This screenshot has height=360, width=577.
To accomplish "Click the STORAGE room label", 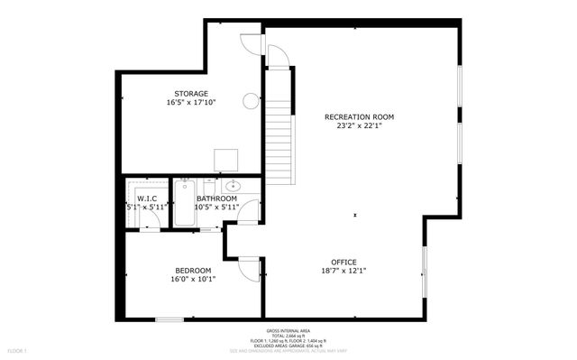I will [x=191, y=93].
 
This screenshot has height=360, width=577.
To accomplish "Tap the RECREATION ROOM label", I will [x=360, y=116].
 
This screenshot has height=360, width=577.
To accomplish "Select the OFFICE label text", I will [x=343, y=261].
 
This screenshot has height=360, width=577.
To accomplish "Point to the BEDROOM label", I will [x=193, y=270].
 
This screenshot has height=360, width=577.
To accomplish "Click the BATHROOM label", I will [x=216, y=198].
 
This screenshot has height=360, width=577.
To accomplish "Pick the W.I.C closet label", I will [x=147, y=198].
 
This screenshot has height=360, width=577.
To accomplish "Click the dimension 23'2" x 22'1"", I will [x=360, y=126].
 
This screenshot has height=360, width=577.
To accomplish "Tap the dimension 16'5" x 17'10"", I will [x=191, y=102].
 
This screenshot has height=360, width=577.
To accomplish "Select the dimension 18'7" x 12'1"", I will [x=343, y=270].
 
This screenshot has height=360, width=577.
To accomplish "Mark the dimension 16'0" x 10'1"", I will [x=193, y=279].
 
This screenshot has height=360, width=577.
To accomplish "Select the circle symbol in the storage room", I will [x=251, y=101].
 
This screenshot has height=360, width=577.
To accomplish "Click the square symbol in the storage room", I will [x=226, y=160].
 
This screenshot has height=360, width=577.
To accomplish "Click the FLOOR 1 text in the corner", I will [x=18, y=349].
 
